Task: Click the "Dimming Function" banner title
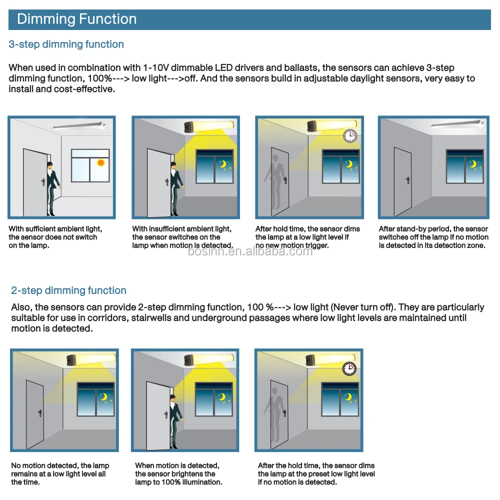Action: click(x=76, y=19)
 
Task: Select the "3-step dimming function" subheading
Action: click(x=66, y=44)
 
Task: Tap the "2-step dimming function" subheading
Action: click(x=68, y=290)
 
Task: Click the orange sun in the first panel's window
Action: click(x=101, y=162)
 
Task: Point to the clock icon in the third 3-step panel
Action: click(x=350, y=135)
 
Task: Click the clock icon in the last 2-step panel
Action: click(x=349, y=369)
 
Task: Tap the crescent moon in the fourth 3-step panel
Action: click(x=472, y=164)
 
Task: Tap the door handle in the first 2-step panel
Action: click(x=40, y=412)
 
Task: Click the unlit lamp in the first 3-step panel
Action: click(x=80, y=127)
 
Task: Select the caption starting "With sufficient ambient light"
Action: click(x=55, y=237)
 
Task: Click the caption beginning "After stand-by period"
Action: click(x=433, y=237)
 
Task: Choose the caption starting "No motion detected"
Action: click(x=60, y=473)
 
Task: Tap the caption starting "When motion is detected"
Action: click(x=178, y=473)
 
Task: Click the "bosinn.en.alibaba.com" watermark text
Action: click(x=250, y=251)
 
